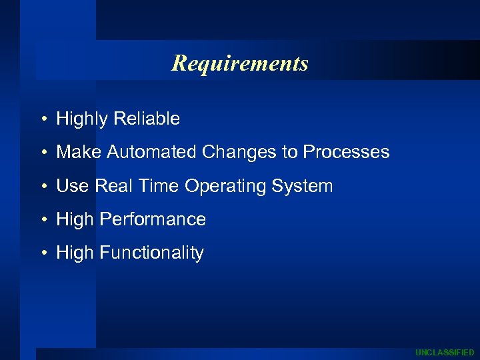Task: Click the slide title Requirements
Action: (x=240, y=63)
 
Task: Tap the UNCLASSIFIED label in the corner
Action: (x=445, y=352)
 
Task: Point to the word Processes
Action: (x=346, y=152)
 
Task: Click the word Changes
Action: (x=239, y=152)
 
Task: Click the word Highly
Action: (x=83, y=119)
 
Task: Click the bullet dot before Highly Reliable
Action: (x=43, y=120)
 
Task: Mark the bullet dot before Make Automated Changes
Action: (x=43, y=153)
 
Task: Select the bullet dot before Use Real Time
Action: (x=43, y=187)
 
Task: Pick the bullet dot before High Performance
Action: (x=43, y=220)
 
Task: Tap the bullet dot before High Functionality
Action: (x=43, y=253)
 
